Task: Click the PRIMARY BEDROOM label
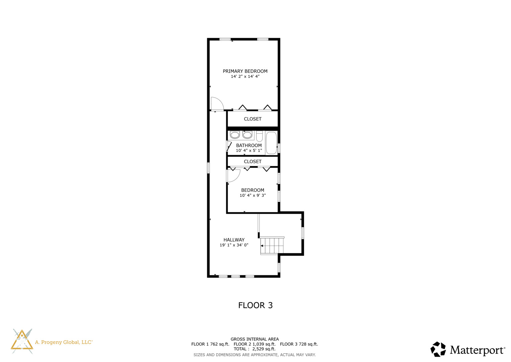click(x=245, y=71)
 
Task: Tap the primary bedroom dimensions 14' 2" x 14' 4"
click(x=245, y=76)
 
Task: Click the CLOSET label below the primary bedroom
click(x=253, y=119)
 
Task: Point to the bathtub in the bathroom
click(x=271, y=143)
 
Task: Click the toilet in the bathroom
click(x=259, y=136)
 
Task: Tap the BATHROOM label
click(x=249, y=145)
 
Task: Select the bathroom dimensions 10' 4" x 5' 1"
click(x=249, y=150)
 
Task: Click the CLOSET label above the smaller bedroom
click(x=253, y=162)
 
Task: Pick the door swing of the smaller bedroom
click(x=233, y=175)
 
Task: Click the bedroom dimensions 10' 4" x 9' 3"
click(x=253, y=195)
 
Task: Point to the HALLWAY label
click(x=234, y=240)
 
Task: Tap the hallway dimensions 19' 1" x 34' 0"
click(x=234, y=245)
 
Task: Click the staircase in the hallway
click(x=272, y=246)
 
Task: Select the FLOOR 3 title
click(x=255, y=305)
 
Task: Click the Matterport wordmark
click(x=477, y=350)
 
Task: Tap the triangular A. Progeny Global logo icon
click(x=22, y=341)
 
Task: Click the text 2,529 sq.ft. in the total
click(x=264, y=349)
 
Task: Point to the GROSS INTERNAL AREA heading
click(x=255, y=339)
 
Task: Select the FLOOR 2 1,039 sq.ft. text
click(x=254, y=344)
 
